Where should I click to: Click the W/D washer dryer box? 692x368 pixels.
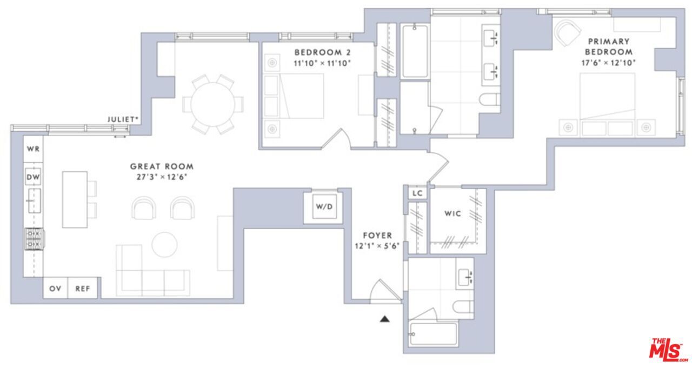pos(323,206)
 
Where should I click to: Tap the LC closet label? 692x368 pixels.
pos(417,193)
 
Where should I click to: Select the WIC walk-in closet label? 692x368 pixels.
pos(453,213)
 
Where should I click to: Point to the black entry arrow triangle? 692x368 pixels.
pos(384,319)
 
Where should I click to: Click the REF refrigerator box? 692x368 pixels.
pos(82,289)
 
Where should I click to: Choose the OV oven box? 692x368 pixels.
pos(55,289)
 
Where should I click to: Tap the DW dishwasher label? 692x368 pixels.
pos(34,177)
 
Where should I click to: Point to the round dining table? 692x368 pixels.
pos(212,104)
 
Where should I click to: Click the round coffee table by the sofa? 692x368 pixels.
pos(164,244)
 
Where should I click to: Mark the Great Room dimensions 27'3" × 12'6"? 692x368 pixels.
pos(162,177)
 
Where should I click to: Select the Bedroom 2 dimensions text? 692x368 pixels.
pos(323,63)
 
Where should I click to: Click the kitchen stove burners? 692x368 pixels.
pos(34,239)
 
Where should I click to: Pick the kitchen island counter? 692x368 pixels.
pos(75,199)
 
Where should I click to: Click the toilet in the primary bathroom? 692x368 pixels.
pos(490,100)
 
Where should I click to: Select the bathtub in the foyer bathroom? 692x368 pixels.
pos(433,334)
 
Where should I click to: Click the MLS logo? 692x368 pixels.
pos(668,350)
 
